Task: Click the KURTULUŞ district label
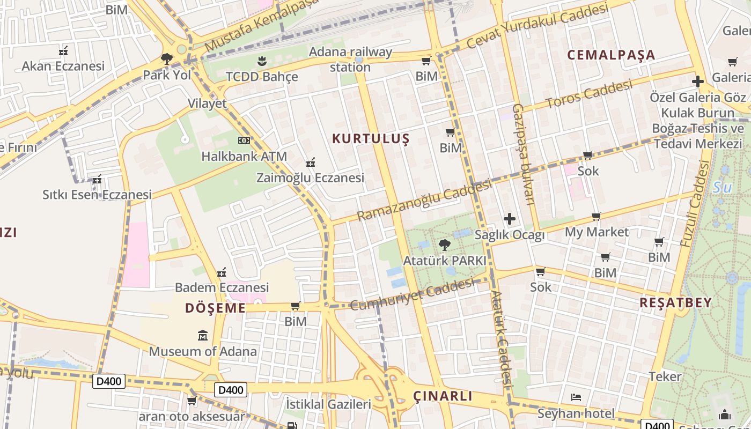pos(371,139)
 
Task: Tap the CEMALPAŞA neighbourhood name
pos(611,55)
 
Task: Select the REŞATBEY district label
pos(675,302)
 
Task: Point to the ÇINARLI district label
pos(443,396)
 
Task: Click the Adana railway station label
pos(350,60)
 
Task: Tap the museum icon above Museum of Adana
pos(203,336)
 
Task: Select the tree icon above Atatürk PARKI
pos(444,245)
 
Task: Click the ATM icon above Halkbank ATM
pos(244,140)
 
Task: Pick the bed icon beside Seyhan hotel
pos(576,398)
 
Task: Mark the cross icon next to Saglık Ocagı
pos(510,219)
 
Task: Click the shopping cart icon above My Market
pos(596,217)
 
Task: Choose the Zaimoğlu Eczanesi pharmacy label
pos(310,177)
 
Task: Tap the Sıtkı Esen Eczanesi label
pos(97,195)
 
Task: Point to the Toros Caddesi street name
pos(589,94)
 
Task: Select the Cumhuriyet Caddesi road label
pos(412,294)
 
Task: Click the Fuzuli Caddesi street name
pos(695,204)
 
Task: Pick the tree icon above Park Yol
pos(167,58)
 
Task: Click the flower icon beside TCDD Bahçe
pos(261,61)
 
